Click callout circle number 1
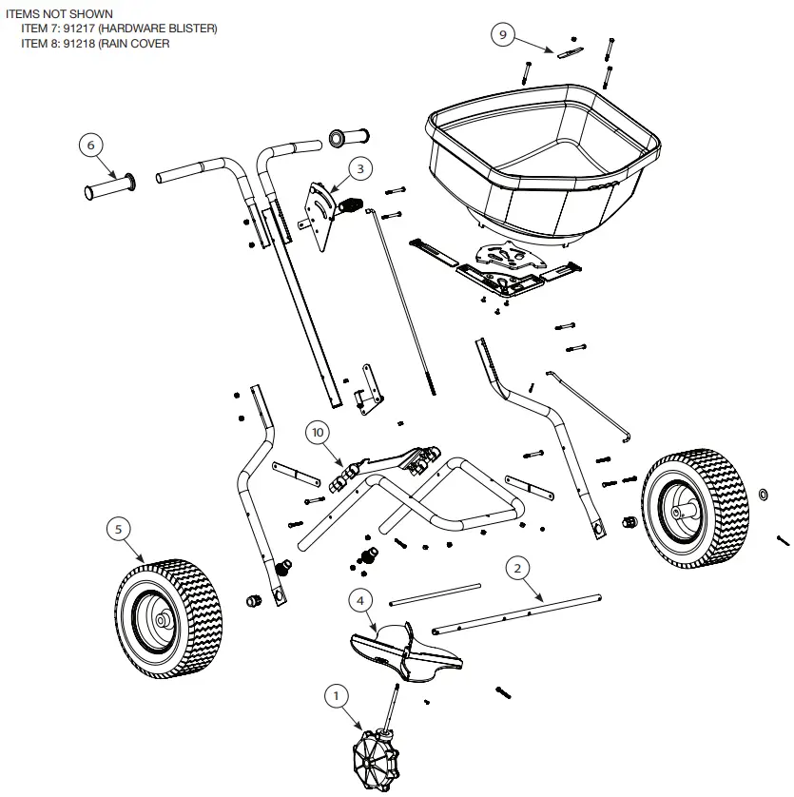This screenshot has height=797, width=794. click(334, 696)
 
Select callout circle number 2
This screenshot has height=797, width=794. click(517, 569)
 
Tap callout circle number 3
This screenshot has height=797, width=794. click(360, 168)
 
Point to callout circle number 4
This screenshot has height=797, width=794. click(360, 600)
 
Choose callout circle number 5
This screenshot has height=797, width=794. click(118, 529)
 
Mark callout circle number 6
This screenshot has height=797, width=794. click(91, 146)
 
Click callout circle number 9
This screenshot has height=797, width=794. click(504, 35)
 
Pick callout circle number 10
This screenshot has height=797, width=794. click(319, 432)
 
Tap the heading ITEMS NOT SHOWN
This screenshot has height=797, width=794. click(59, 14)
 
